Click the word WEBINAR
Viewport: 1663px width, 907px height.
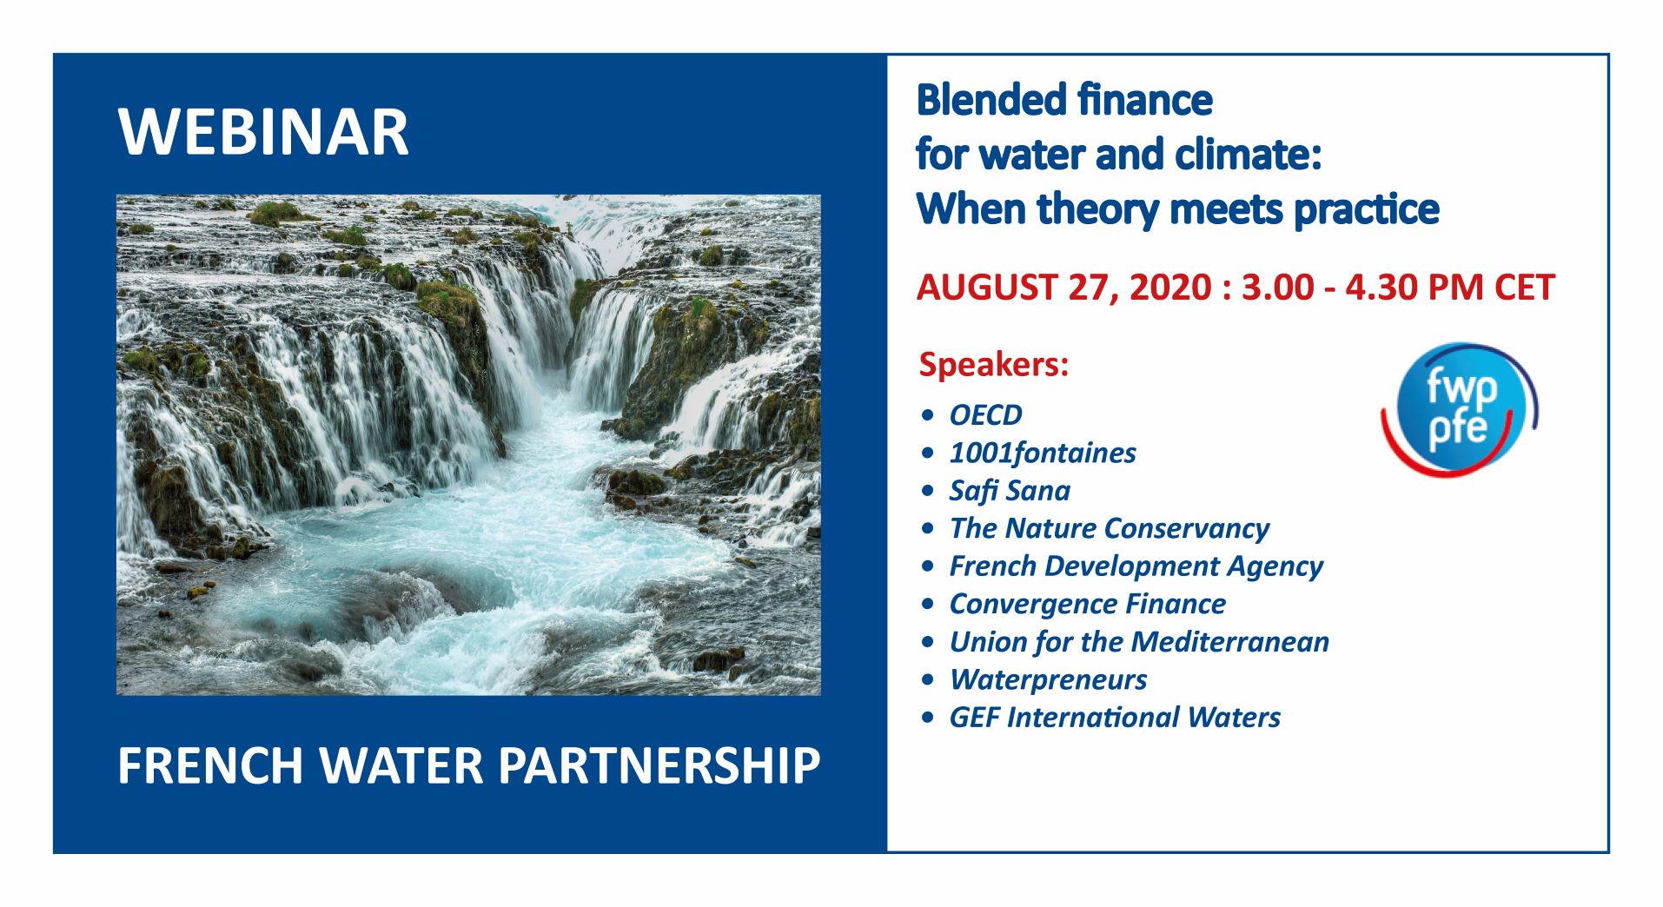263,132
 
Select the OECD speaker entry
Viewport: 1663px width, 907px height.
985,415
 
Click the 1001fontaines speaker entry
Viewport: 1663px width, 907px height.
1043,453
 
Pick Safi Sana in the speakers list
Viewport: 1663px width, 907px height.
1010,491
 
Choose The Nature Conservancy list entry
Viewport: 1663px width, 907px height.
1110,528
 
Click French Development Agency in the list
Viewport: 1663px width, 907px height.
1136,566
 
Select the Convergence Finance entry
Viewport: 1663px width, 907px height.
1087,604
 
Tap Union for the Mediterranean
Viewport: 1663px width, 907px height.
1139,642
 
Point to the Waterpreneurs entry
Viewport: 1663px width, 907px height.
1048,679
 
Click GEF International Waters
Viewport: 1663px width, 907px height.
1115,718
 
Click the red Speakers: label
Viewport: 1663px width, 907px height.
993,365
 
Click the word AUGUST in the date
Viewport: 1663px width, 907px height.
986,288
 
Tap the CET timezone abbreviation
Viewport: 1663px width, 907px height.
1524,288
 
